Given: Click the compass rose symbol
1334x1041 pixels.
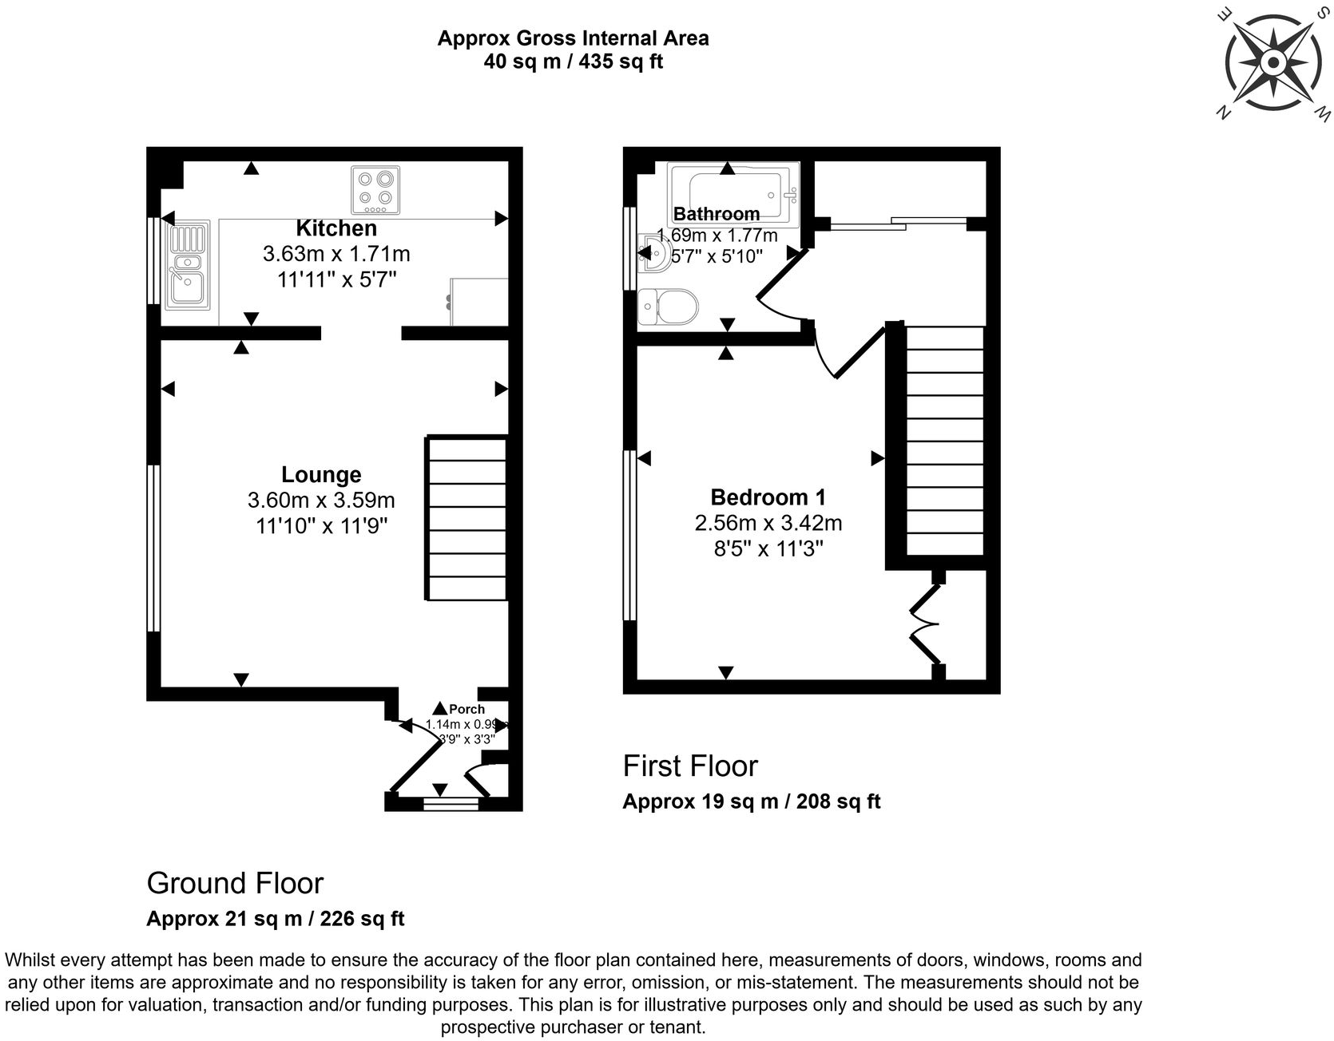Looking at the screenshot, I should click(x=1273, y=63).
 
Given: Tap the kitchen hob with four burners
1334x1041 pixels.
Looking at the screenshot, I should click(x=375, y=190).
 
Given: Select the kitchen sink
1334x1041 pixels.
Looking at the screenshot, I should click(x=188, y=266).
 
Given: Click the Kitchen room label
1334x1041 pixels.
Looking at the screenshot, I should click(x=336, y=228).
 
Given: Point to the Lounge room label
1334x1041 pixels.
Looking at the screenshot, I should click(x=321, y=475).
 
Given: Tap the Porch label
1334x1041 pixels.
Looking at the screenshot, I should click(x=467, y=709).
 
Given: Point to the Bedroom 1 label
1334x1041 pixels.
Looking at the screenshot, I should click(x=768, y=497).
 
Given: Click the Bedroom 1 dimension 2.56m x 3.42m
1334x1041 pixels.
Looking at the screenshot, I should click(x=768, y=523).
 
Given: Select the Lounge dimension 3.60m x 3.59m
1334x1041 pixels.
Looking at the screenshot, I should click(x=321, y=501).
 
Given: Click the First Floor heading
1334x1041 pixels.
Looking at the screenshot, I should click(x=690, y=766).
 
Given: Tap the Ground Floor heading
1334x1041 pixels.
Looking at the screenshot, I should click(x=235, y=884).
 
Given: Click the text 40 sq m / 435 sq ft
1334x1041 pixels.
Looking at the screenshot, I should click(x=573, y=61).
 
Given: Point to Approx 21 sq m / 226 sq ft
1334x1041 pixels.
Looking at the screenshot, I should click(x=276, y=919).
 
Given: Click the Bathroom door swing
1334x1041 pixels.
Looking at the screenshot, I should click(x=779, y=283).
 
